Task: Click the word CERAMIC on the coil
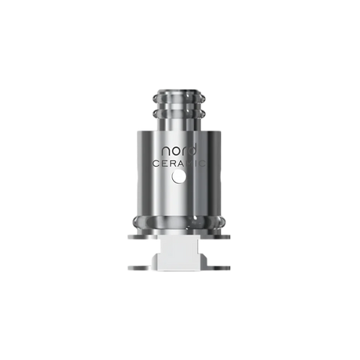point(180,164)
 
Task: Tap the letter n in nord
point(166,152)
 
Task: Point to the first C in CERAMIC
point(155,164)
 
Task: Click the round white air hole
point(178,177)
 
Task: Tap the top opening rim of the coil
point(179,92)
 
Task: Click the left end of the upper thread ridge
point(155,99)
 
